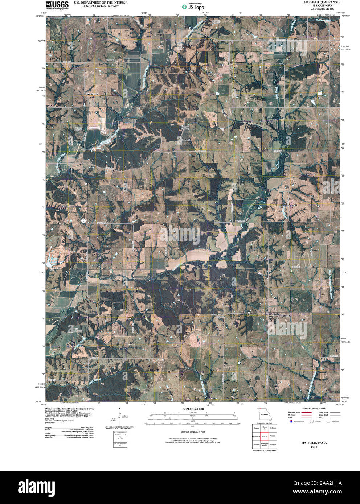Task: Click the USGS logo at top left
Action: click(57, 4)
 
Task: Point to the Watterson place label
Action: click(92, 94)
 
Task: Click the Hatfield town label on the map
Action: click(285, 315)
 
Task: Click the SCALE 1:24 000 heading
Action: click(193, 409)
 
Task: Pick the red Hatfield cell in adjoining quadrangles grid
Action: click(265, 436)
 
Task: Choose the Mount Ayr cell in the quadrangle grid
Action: click(265, 428)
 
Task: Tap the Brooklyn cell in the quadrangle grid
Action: click(273, 445)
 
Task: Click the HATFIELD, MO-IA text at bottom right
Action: click(314, 443)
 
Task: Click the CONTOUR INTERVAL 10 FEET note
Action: click(193, 432)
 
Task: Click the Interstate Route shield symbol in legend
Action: click(291, 421)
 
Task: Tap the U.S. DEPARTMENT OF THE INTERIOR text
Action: click(101, 3)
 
